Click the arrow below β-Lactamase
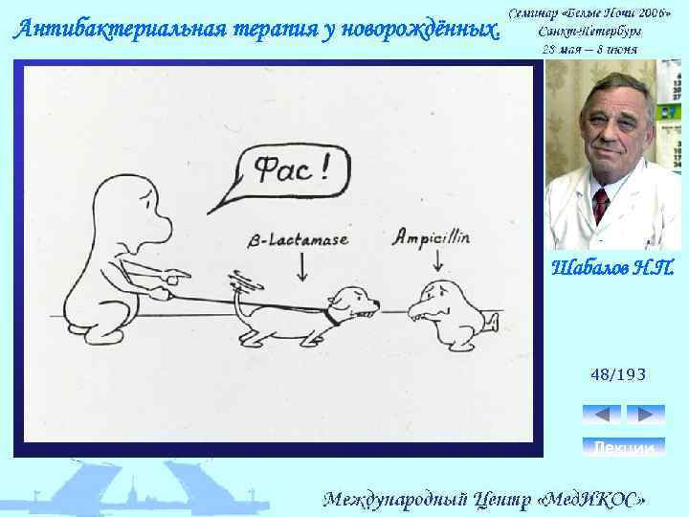click(x=302, y=267)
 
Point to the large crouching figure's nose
click(x=163, y=228)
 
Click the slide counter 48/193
click(x=617, y=374)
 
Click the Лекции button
click(x=623, y=446)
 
